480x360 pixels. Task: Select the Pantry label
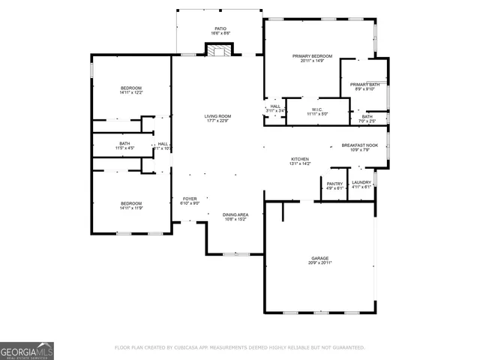[x=334, y=184]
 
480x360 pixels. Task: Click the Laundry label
[x=361, y=184]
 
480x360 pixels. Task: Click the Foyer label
[x=190, y=200]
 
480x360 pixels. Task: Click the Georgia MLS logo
[x=27, y=350]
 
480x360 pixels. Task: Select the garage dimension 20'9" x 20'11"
[x=320, y=263]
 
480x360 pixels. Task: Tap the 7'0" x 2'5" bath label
[x=367, y=118]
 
